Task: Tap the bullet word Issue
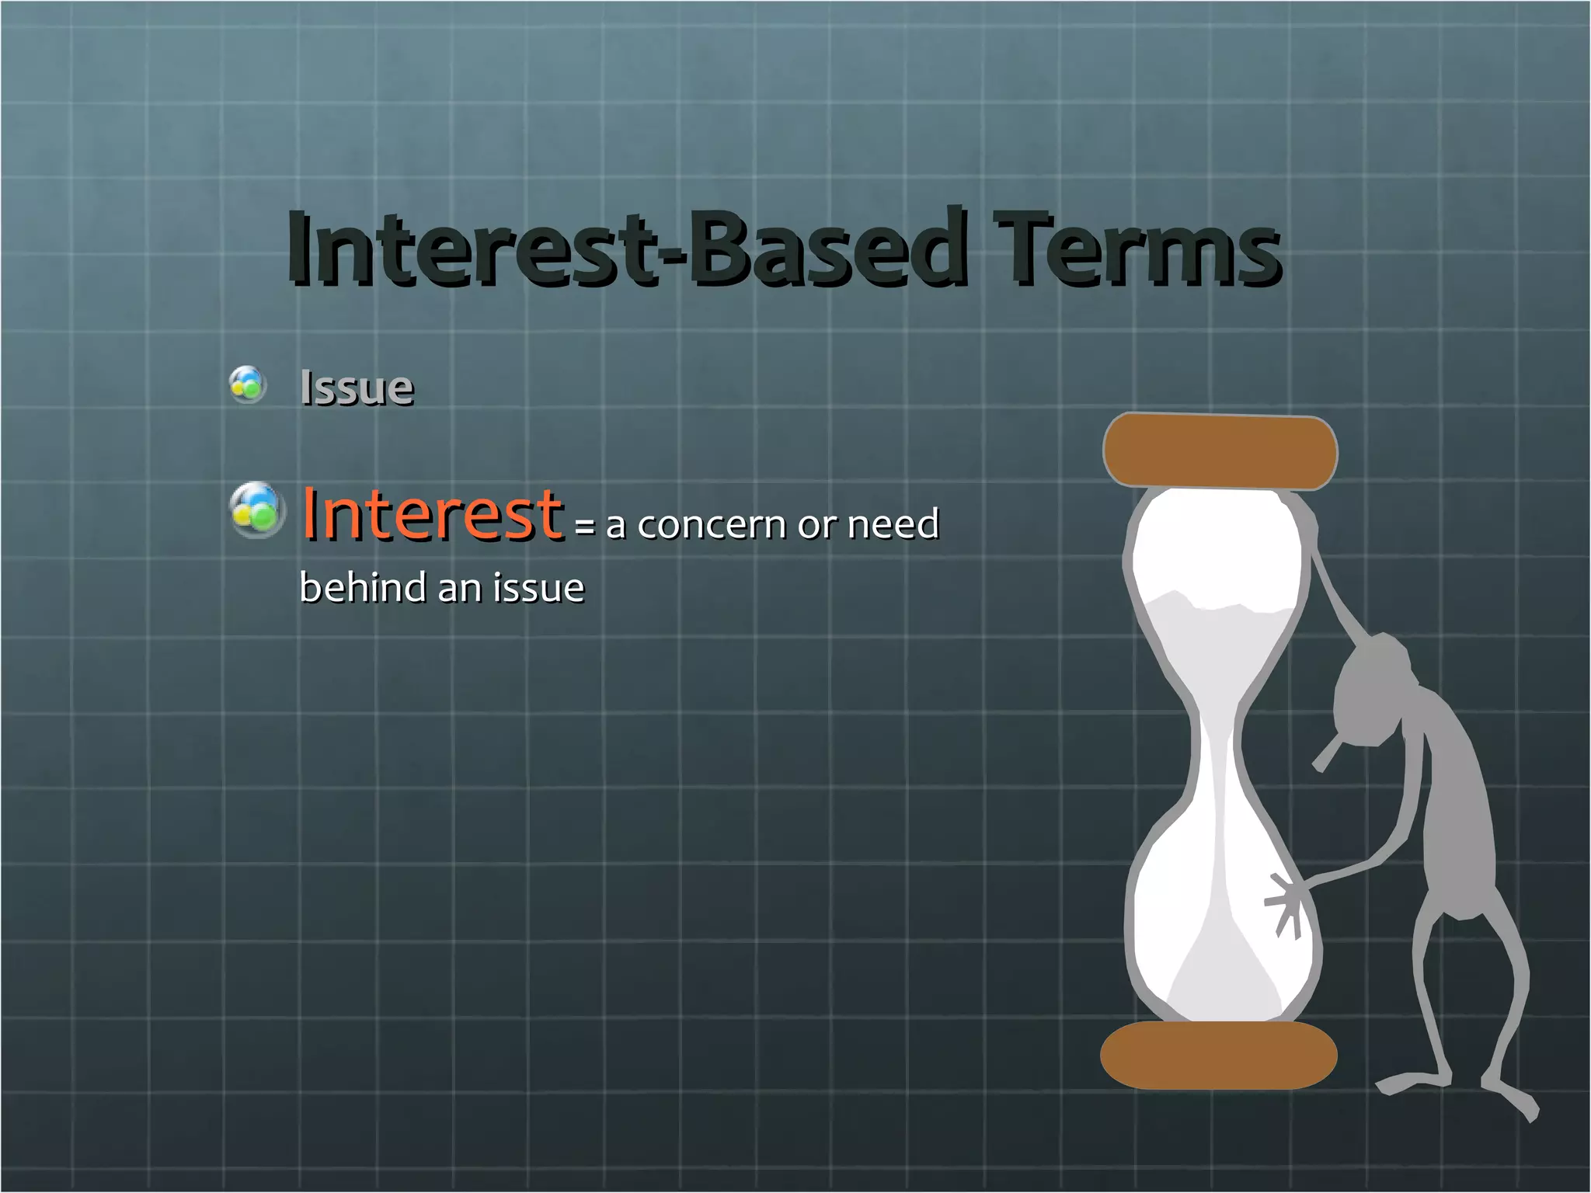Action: (357, 388)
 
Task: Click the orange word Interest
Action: (432, 513)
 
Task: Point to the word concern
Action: (711, 524)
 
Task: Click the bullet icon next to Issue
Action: (248, 384)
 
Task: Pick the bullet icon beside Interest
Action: (256, 510)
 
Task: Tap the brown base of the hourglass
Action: (1217, 1055)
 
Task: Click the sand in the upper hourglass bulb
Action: (1212, 645)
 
